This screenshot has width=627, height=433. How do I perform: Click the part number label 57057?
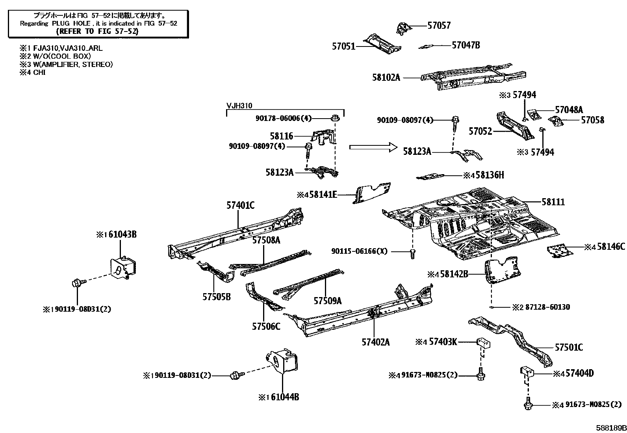pos(439,26)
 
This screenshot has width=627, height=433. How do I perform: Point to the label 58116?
pos(281,136)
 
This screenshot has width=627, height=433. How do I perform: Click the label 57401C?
pos(240,205)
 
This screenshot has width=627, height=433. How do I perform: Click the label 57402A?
pos(375,342)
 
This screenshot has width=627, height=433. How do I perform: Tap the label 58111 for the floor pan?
pos(553,202)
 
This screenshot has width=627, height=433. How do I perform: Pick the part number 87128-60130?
pos(546,307)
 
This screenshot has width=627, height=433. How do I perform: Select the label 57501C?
pos(568,348)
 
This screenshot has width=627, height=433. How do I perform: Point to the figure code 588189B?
pos(610,427)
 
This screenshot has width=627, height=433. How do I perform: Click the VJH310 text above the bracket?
pos(239,106)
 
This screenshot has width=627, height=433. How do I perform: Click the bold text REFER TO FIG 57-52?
pos(97,31)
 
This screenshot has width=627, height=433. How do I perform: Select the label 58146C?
pos(610,247)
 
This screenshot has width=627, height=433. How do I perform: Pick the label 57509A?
pos(327,301)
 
